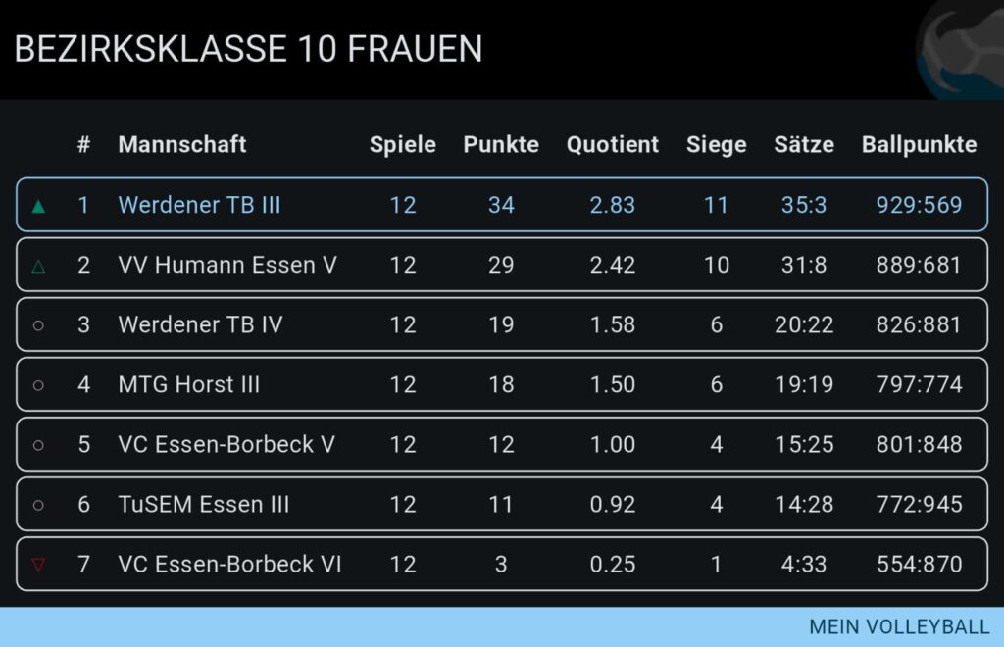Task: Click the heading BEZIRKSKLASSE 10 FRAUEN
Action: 248,49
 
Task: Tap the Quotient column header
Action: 613,145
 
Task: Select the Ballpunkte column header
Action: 919,145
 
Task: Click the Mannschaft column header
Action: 182,145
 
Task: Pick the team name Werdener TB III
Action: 199,205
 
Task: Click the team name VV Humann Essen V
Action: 227,265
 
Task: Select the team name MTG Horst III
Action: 189,384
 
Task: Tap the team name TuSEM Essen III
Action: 204,505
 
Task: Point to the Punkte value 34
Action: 501,205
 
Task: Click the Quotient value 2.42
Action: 613,265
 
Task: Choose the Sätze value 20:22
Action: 804,324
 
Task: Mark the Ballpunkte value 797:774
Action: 919,384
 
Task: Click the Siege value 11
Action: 717,205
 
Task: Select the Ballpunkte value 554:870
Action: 919,565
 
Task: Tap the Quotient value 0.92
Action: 613,505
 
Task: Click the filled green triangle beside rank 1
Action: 38,206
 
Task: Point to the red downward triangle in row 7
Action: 38,565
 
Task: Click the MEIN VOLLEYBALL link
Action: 899,627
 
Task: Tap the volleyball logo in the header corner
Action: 961,49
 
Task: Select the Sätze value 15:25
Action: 804,444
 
